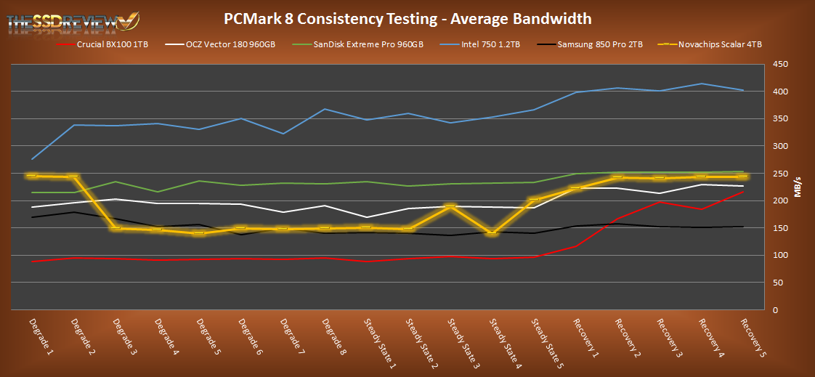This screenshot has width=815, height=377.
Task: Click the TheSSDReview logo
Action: click(x=73, y=20)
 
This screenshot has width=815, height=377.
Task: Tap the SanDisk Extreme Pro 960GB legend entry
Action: click(x=368, y=44)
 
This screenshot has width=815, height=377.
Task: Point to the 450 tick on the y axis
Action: click(x=779, y=64)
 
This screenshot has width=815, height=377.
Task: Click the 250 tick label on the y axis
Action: click(x=779, y=174)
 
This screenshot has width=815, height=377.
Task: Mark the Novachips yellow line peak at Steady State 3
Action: click(x=450, y=206)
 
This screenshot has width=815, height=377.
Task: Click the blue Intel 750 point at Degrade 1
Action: click(x=32, y=159)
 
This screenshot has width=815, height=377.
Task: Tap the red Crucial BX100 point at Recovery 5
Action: click(x=742, y=192)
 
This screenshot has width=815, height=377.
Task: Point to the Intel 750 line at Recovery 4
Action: click(x=701, y=84)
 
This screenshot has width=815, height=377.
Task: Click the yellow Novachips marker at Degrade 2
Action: click(x=73, y=177)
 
